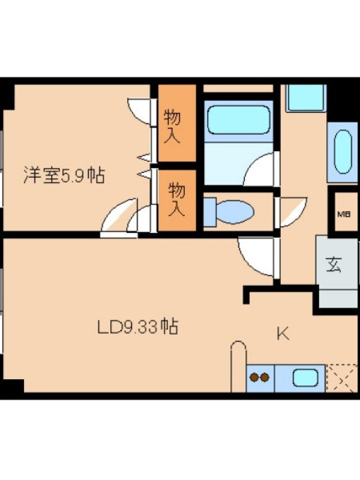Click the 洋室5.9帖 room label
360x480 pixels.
coord(64,175)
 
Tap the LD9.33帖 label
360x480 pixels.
coord(137,326)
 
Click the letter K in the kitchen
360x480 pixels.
coord(283,334)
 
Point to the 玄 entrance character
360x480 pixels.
coord(334,265)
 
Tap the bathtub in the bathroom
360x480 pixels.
coord(238,119)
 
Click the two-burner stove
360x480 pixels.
coord(260,378)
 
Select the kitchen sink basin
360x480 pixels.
coord(305,378)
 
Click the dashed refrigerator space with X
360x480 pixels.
coord(341,378)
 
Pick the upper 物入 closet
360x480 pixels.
coord(177,123)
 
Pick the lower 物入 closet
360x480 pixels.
coord(177,200)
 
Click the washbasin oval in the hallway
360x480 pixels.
coord(343,152)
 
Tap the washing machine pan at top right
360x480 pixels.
coord(306,98)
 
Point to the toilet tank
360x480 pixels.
coord(210,212)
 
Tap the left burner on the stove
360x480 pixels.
coord(254,377)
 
